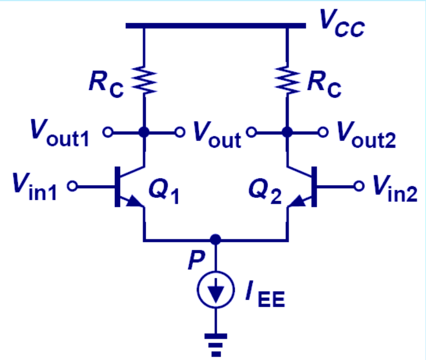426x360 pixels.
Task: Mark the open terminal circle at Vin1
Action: coord(73,187)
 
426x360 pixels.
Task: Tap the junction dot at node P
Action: coord(215,239)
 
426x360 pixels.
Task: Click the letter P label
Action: coord(195,260)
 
